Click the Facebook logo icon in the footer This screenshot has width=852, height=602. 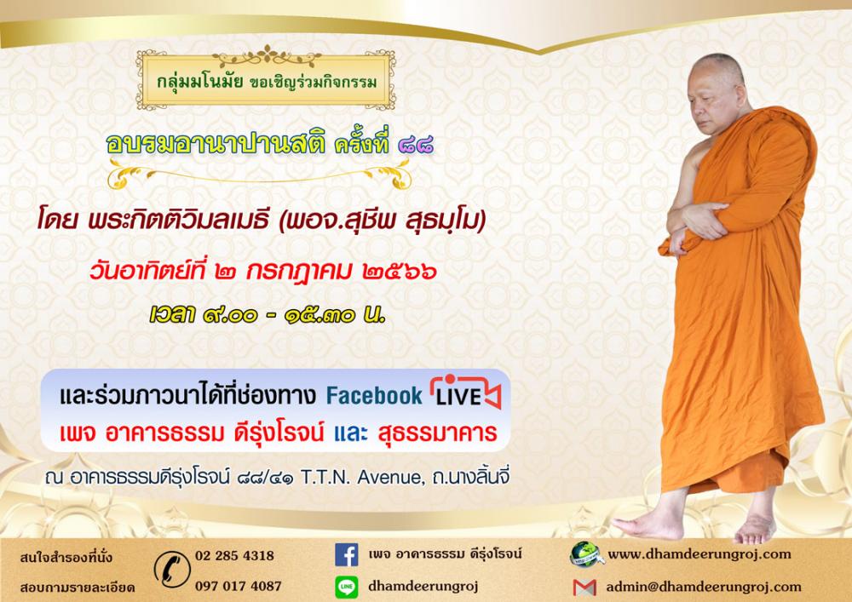tap(346, 555)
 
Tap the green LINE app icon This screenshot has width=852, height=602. tap(346, 588)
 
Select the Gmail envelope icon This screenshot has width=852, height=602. tap(584, 588)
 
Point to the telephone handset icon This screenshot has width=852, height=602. tap(172, 570)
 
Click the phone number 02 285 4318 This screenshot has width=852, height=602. tap(235, 555)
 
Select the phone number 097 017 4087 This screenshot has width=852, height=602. tap(238, 586)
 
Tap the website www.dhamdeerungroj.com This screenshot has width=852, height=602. tap(699, 554)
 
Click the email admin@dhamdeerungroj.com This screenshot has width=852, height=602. tap(704, 587)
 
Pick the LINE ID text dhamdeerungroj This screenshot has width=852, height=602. tap(423, 587)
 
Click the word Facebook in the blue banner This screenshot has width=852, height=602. tap(374, 396)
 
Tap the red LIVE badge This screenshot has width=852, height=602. tap(465, 392)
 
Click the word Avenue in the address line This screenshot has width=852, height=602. tap(389, 477)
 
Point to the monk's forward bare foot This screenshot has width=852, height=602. tap(650, 525)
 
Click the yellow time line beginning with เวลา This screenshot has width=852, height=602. tap(268, 315)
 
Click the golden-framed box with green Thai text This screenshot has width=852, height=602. tap(266, 80)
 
